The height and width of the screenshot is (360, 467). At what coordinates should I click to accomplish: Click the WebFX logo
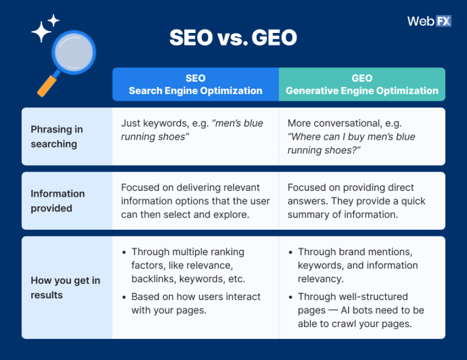(x=429, y=21)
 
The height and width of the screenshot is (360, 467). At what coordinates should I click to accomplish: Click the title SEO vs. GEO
(x=233, y=38)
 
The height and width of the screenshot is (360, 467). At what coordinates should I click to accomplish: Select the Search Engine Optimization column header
(x=195, y=85)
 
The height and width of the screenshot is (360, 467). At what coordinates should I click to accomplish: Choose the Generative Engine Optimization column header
(x=362, y=85)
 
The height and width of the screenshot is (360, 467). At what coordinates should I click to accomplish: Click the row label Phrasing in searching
(x=56, y=137)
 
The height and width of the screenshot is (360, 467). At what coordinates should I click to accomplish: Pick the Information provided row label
(x=58, y=201)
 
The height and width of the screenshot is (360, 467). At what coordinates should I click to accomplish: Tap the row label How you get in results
(x=65, y=288)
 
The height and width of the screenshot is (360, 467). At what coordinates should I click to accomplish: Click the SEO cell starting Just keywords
(x=192, y=130)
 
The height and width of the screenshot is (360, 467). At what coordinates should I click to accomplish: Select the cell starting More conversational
(x=352, y=137)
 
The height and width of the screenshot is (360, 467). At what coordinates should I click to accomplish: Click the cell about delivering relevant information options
(x=195, y=201)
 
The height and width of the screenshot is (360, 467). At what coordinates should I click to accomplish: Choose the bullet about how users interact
(x=196, y=304)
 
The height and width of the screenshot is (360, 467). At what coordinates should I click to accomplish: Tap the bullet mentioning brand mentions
(x=358, y=265)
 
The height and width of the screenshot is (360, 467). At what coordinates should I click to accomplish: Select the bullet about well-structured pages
(x=361, y=310)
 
